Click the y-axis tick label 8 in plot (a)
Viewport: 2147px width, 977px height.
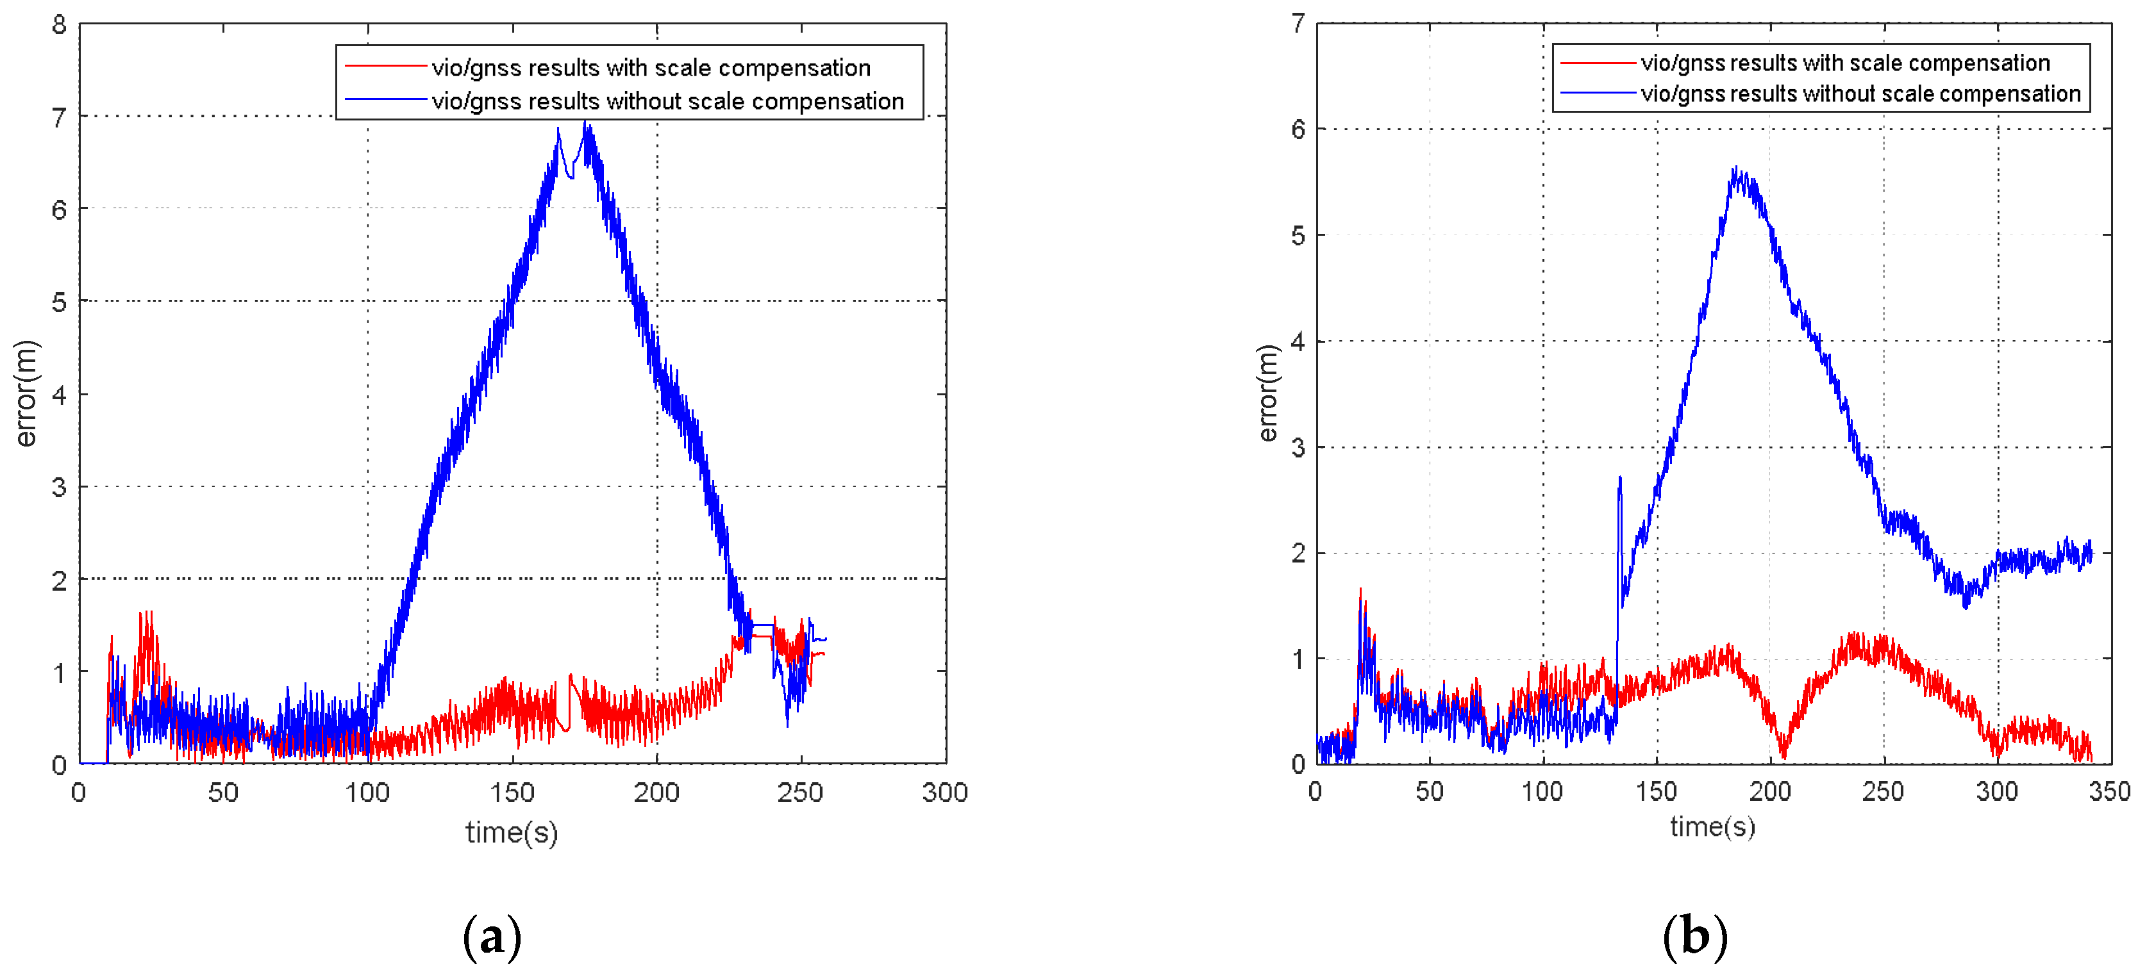[58, 25]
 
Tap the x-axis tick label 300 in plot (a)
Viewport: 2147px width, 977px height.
[944, 792]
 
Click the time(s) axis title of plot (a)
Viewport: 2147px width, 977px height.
[511, 832]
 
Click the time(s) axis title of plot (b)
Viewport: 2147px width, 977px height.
[1713, 826]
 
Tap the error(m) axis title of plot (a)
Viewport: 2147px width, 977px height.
[27, 393]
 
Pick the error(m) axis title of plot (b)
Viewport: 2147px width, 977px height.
[1267, 393]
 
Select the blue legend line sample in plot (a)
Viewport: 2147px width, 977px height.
[385, 100]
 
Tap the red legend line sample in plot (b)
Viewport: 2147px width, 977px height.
[1597, 63]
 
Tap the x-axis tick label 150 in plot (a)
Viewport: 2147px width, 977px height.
[512, 792]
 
